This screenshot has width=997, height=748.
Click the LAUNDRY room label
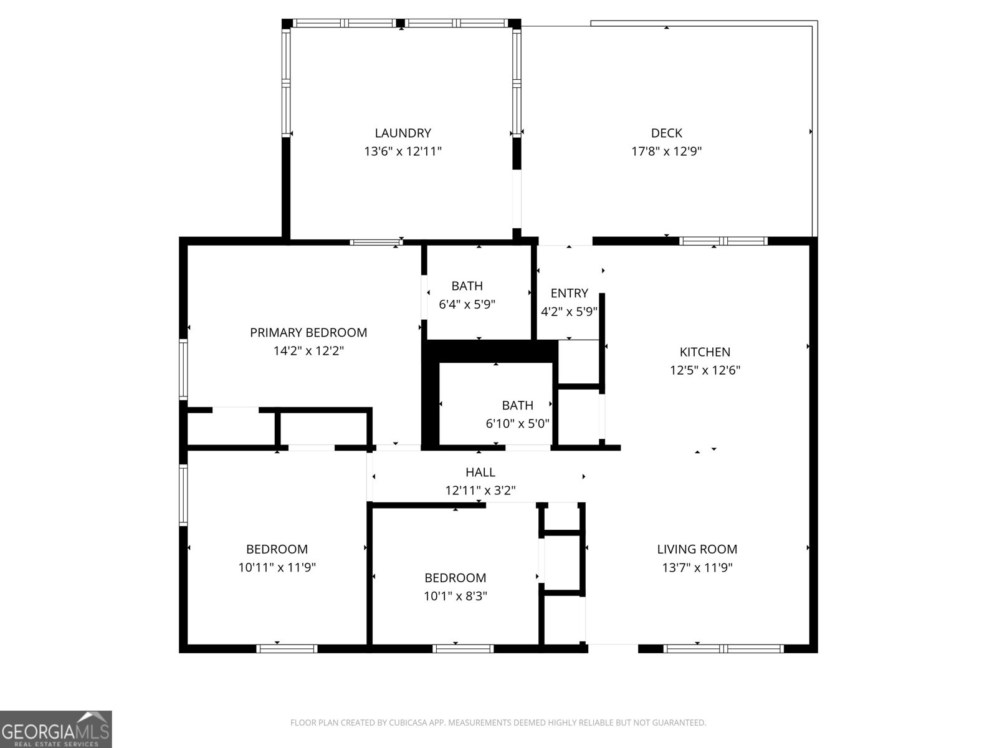pos(403,133)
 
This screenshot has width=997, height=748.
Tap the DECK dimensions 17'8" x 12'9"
pos(666,151)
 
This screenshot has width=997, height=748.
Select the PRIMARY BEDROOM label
pos(308,332)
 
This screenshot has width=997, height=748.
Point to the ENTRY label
pos(569,293)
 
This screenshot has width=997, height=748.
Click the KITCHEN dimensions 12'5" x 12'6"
pos(705,370)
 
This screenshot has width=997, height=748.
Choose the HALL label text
pos(480,472)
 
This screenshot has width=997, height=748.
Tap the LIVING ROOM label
pos(697,549)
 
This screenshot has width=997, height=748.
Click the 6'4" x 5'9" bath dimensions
pos(467,304)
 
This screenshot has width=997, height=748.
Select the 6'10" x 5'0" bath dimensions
pos(517,424)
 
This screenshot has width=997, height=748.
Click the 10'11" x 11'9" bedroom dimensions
pos(277,567)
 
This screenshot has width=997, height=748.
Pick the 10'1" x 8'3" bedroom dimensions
pos(455,596)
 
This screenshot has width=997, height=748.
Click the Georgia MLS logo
pos(55,729)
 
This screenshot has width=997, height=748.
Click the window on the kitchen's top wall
pos(723,241)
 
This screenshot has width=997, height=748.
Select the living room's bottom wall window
pos(723,649)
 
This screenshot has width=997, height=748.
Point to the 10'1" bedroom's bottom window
pos(463,649)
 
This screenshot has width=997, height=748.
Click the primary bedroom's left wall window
pos(183,368)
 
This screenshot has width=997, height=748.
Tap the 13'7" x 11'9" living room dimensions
pos(697,567)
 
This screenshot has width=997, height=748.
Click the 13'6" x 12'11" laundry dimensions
pos(403,151)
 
